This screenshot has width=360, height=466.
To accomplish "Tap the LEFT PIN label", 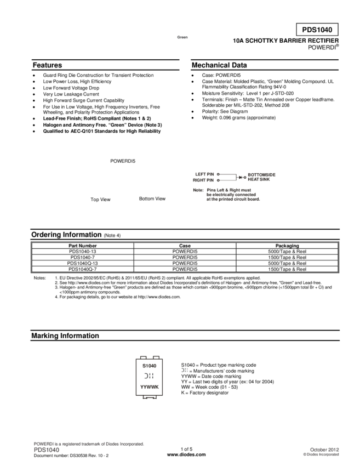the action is pos(203,174).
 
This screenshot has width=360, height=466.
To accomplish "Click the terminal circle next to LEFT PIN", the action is pos(218,174).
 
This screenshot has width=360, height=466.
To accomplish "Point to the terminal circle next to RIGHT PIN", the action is pos(218,180).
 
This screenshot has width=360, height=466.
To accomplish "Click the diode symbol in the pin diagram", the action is pos(240,177).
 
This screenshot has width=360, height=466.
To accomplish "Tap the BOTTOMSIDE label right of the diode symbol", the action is pos(261,174).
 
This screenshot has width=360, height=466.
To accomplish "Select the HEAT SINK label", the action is pos(259,179).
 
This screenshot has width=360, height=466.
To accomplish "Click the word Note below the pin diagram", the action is pos(197,190).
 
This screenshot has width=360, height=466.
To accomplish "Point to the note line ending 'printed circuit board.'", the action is pos(232,199).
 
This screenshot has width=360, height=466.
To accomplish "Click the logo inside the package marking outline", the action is pos(148,376).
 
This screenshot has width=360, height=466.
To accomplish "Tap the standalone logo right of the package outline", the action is pos(184,370).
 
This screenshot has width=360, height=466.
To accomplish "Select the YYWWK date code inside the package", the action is pos(149,387).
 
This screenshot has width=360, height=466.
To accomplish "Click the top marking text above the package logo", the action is pos(149,365).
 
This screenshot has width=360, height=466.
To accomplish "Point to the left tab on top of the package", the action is pos(142,357).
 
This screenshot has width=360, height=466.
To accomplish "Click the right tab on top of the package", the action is pos(156,357).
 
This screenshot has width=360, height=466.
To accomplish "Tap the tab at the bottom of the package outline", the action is pos(149,397).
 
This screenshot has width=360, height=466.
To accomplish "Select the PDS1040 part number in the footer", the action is pos(47,449).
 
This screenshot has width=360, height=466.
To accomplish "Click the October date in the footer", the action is pos(324,449).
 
